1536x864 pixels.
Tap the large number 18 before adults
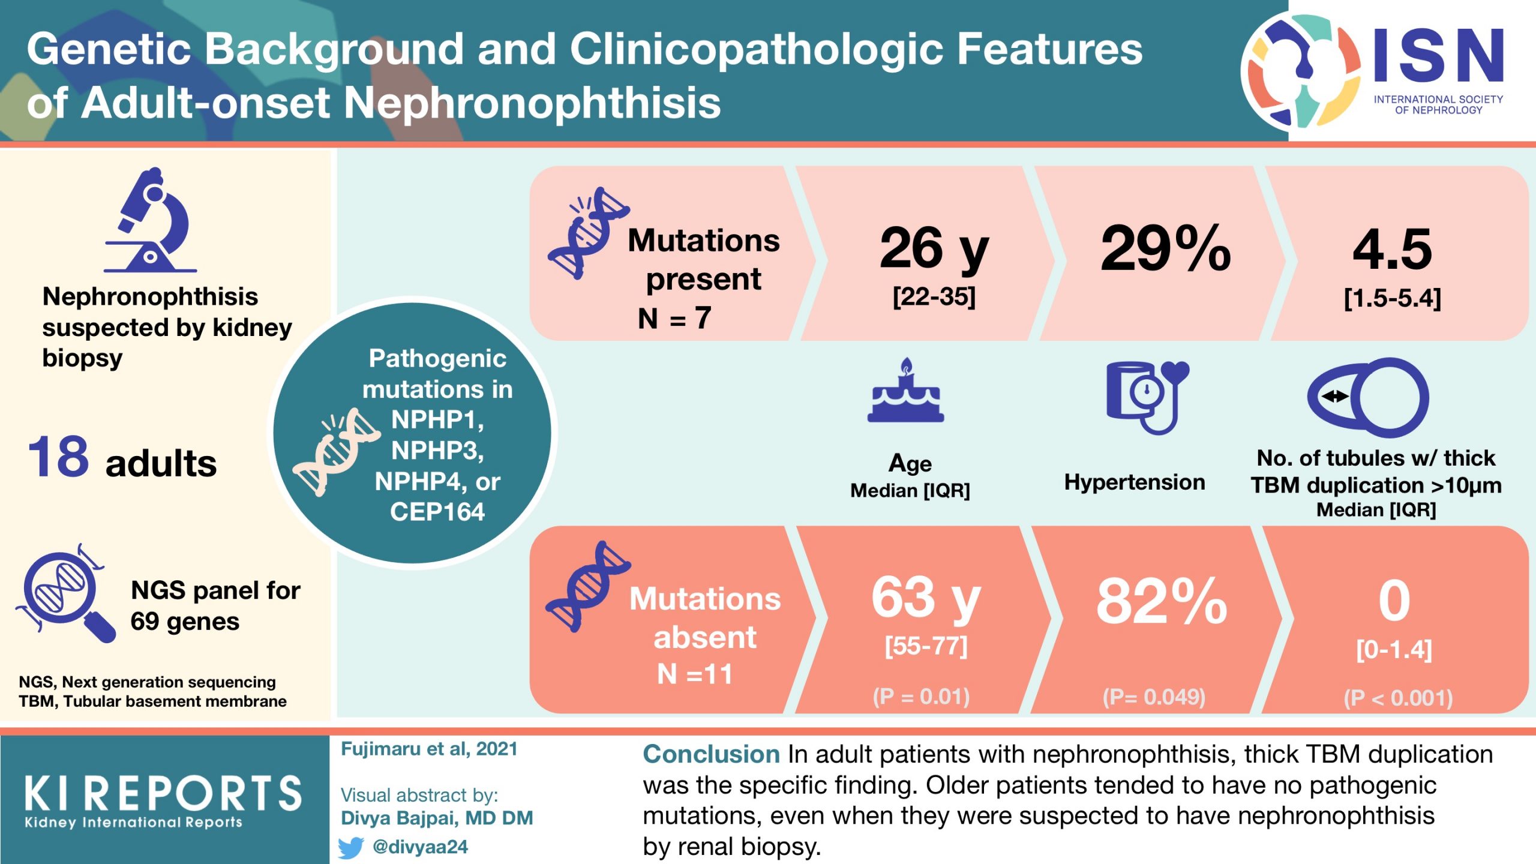pos(58,457)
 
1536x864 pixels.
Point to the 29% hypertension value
pos(1165,248)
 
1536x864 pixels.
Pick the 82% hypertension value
pos(1162,601)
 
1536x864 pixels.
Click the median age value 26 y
pos(934,248)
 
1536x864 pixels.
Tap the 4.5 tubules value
pos(1392,250)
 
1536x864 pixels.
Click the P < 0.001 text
pos(1398,698)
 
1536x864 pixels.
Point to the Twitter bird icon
pos(351,847)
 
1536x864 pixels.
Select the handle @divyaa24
pos(420,847)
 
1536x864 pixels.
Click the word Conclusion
pos(711,754)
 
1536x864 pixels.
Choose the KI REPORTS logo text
pos(163,793)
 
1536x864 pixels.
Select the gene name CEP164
pos(437,512)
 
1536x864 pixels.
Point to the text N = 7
pos(674,318)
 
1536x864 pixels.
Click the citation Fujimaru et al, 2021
pos(429,749)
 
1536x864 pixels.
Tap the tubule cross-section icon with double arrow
pos(1368,397)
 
